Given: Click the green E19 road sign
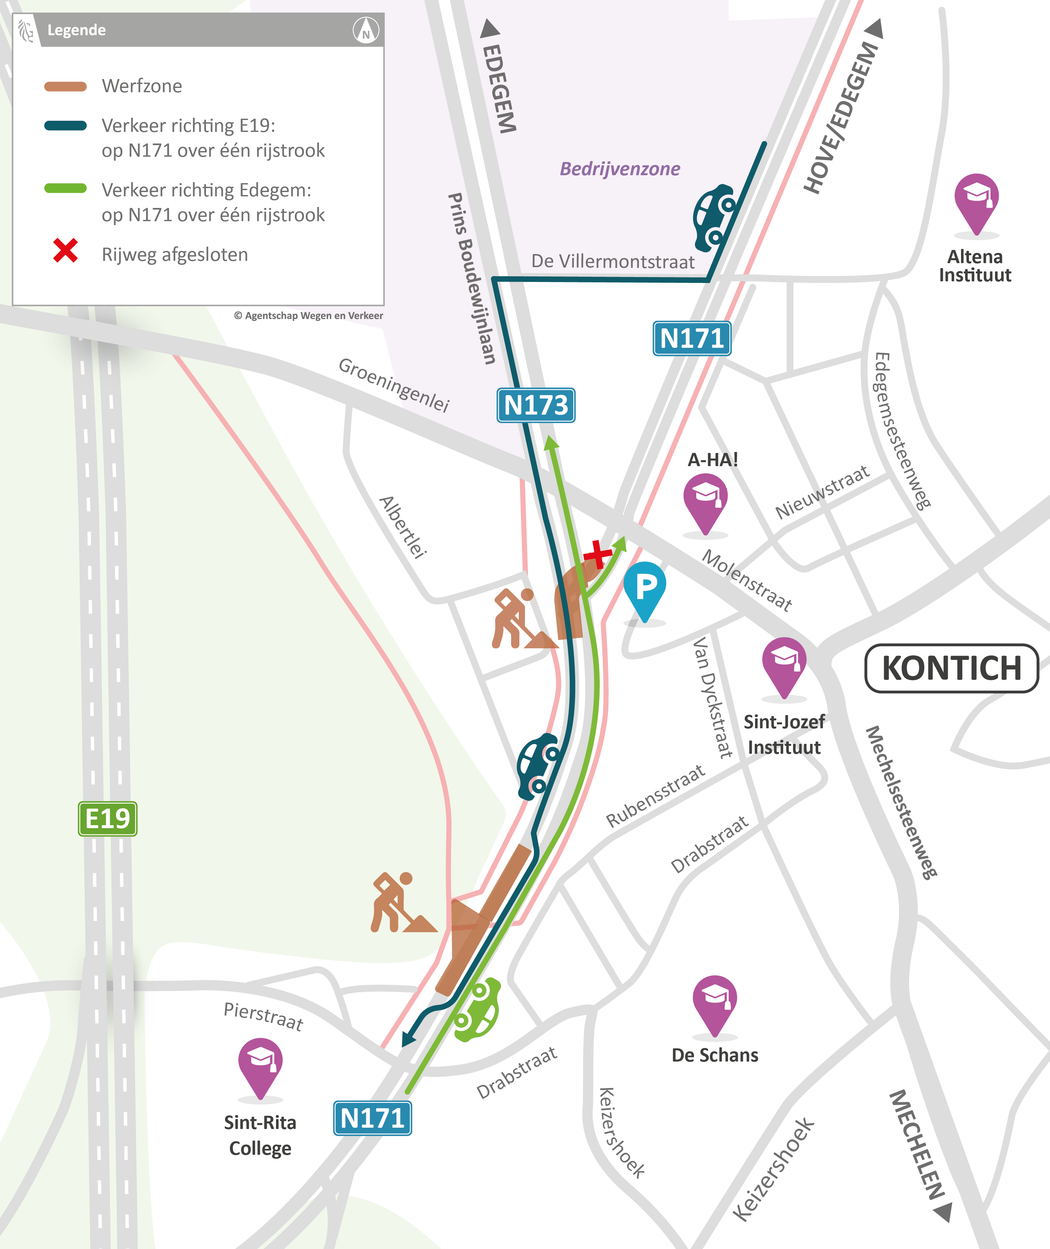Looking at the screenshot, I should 108,819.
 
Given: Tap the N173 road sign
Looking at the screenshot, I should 536,405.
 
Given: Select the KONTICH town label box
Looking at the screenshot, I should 951,668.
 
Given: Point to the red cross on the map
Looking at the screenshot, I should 597,555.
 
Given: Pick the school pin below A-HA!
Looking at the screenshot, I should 706,500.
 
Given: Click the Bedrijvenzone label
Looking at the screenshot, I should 620,169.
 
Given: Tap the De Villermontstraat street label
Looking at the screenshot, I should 613,262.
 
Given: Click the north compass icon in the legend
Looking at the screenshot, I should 365,29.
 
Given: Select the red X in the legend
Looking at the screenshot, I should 65,251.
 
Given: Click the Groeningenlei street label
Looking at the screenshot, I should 393,384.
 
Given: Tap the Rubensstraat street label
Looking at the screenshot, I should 655,796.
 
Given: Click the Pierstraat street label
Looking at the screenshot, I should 263,1015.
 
